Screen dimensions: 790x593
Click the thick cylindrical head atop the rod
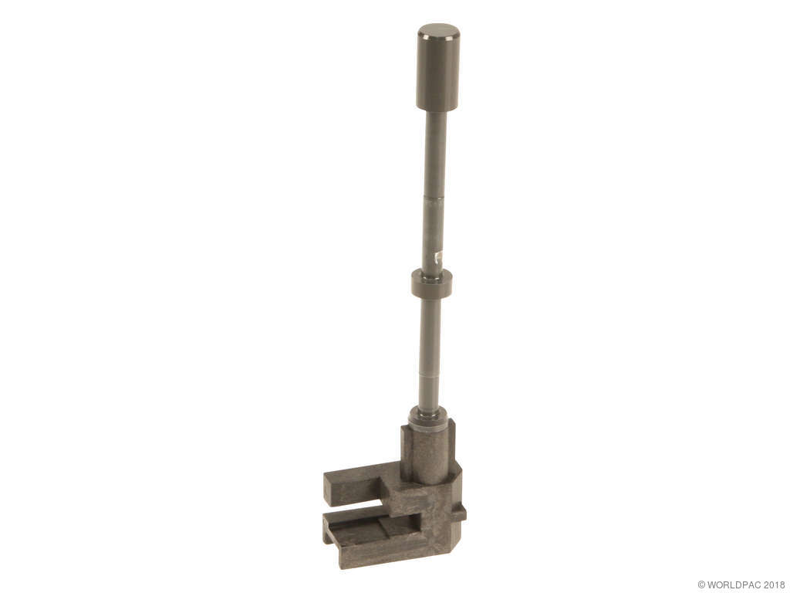[438, 66]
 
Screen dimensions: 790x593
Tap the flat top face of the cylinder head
[439, 31]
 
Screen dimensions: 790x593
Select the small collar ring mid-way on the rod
[431, 283]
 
